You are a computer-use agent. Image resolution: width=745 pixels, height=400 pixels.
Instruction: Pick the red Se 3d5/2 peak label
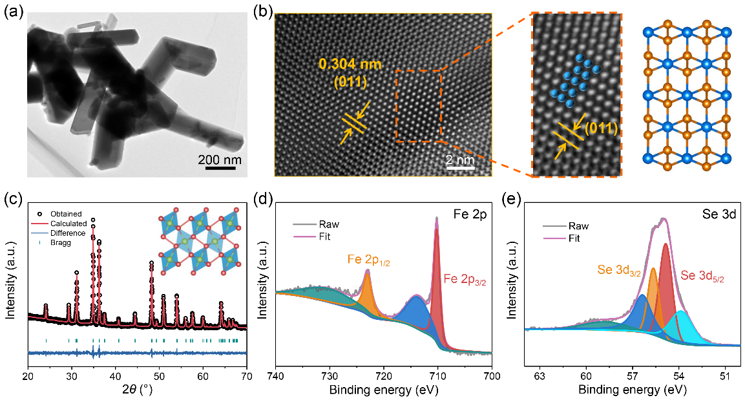click(x=703, y=276)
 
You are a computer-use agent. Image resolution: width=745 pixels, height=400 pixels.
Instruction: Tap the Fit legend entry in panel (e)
click(x=573, y=238)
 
